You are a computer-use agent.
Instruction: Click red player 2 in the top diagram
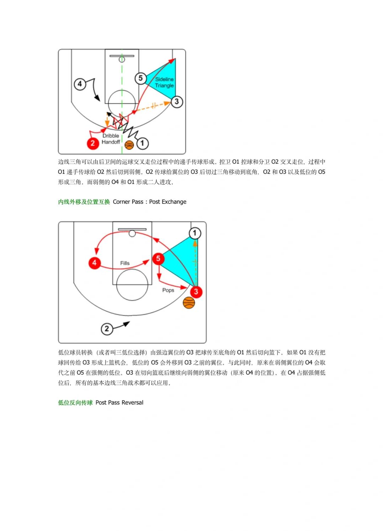93,143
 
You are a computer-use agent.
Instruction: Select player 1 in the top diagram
142,143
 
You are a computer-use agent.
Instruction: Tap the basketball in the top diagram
129,145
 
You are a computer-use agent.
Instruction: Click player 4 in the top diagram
80,84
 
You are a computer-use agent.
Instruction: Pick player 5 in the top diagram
140,78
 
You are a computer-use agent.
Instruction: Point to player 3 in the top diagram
177,102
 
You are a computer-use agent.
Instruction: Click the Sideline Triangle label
164,82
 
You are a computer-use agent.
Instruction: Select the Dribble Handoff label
111,139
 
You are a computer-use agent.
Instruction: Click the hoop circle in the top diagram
122,60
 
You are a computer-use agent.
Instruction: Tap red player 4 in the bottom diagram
94,263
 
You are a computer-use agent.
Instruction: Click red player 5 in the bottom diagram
158,258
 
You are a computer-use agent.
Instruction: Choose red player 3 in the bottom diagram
196,292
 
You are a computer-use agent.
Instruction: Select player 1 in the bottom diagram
195,233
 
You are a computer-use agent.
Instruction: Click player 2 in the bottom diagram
107,329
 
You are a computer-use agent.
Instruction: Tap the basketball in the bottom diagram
189,303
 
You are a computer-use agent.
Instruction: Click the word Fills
125,263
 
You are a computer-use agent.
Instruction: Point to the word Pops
168,290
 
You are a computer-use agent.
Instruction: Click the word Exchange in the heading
174,202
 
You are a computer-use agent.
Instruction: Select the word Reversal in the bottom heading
132,403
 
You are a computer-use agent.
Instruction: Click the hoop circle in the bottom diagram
132,234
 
